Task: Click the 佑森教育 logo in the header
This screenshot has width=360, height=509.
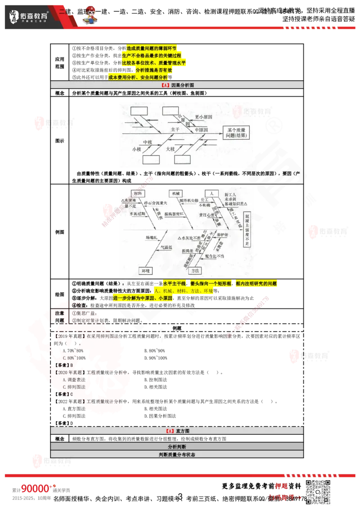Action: (x=29, y=17)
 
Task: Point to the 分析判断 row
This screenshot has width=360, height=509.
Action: (x=177, y=446)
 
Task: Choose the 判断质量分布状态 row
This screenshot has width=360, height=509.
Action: (x=177, y=455)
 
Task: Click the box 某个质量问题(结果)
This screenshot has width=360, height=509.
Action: (x=236, y=132)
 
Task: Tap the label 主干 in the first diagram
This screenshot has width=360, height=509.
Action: (x=175, y=129)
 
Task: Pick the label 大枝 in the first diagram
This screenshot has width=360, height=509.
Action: (x=170, y=148)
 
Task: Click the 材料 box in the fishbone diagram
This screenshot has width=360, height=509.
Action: (x=138, y=193)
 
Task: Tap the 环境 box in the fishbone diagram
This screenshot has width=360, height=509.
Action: (x=145, y=271)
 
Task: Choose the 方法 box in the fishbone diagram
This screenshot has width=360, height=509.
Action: (x=194, y=271)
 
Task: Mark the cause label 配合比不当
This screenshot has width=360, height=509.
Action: (x=214, y=255)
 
